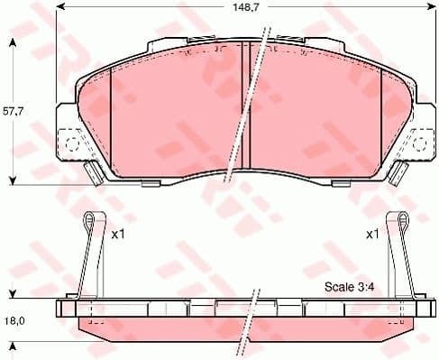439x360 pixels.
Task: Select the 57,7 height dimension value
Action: pos(11,113)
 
